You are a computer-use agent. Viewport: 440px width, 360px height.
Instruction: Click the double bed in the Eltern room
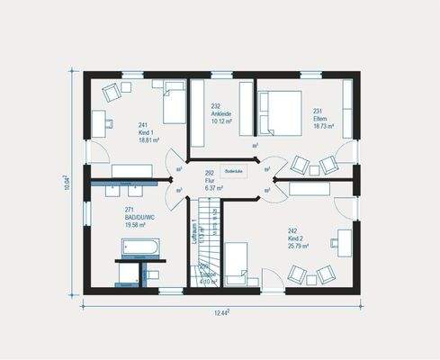(280, 112)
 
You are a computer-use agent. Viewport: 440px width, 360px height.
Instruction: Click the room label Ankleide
(222, 113)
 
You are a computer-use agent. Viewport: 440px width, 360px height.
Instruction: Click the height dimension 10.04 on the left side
(67, 183)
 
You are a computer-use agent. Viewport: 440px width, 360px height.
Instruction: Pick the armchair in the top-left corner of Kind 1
(113, 92)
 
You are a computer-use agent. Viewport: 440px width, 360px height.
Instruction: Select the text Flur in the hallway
(209, 180)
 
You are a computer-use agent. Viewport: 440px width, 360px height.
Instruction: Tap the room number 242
(292, 230)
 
